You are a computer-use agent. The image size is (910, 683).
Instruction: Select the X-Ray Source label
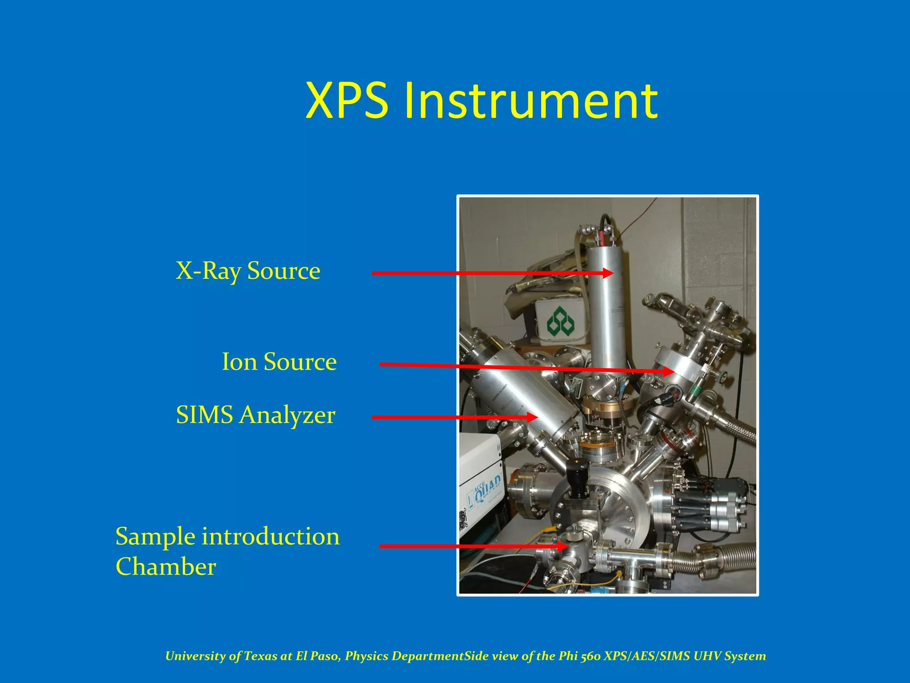pyautogui.click(x=248, y=271)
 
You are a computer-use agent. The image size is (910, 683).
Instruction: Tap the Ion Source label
pyautogui.click(x=279, y=362)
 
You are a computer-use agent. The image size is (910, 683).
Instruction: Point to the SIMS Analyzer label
pyautogui.click(x=255, y=415)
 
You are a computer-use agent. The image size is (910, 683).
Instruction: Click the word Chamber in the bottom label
pyautogui.click(x=166, y=567)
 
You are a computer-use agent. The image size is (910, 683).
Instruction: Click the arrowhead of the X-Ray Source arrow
pyautogui.click(x=608, y=273)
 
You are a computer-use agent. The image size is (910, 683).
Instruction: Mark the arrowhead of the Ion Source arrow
pyautogui.click(x=668, y=371)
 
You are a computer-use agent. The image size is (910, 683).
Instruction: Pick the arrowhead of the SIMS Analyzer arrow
pyautogui.click(x=532, y=417)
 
